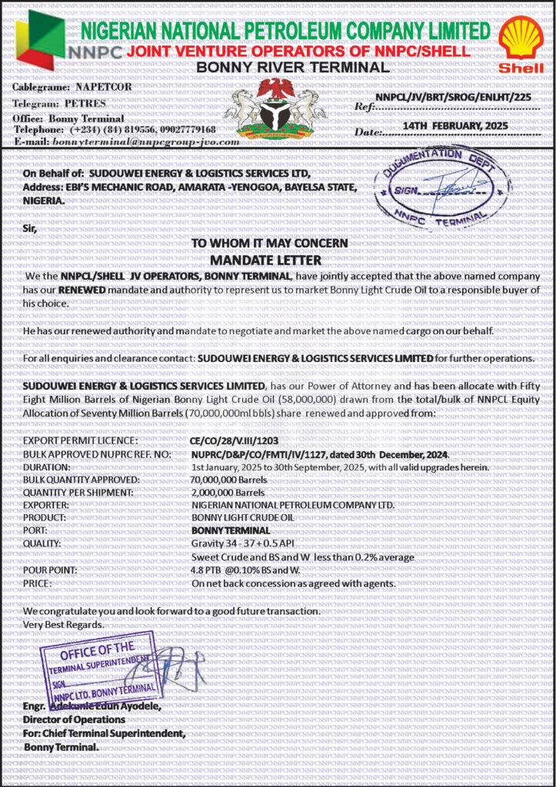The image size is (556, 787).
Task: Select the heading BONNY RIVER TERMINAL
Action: [293, 68]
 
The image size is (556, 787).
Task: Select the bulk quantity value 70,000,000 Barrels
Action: [229, 480]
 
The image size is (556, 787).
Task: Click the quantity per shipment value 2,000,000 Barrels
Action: [228, 493]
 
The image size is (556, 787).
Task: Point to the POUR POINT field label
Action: [50, 570]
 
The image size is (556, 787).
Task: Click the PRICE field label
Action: [37, 583]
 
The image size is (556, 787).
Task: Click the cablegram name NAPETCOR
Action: [103, 87]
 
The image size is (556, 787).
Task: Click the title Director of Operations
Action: [75, 719]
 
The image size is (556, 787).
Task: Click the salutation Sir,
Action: [29, 228]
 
